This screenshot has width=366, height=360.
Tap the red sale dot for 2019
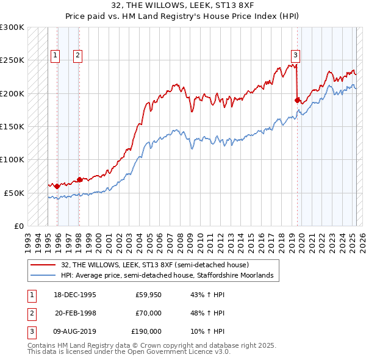pos(298,100)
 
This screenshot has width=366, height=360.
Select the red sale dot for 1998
pos(79,179)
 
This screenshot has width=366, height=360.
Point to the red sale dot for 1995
pos(57,186)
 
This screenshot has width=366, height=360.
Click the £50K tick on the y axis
pos(14,193)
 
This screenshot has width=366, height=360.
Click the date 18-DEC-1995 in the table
pos(76,294)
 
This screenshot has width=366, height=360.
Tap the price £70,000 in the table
pos(148,313)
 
